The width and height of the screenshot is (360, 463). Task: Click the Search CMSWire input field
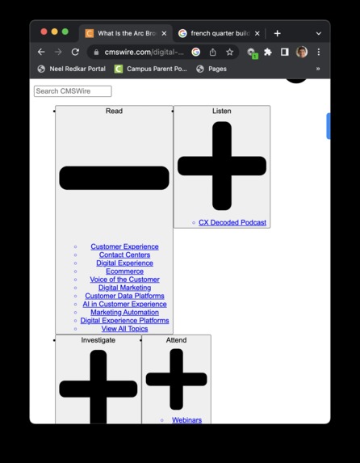point(73,91)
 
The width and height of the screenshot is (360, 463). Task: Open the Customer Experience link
point(124,246)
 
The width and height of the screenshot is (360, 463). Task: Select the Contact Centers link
point(124,255)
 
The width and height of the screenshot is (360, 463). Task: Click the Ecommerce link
point(124,271)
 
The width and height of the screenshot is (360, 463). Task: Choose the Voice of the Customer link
point(124,280)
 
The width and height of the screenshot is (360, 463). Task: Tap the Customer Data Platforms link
point(124,296)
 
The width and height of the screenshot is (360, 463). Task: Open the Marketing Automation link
point(124,313)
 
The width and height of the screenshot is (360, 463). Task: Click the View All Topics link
point(124,329)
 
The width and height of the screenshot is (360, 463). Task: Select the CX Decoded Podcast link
point(232,222)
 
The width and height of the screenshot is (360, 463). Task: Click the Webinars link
point(186,420)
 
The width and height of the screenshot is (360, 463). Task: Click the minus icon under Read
point(114,178)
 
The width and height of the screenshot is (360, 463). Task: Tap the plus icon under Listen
point(222,166)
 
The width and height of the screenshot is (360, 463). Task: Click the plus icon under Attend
point(176,379)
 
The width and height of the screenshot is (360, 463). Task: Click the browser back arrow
point(41,52)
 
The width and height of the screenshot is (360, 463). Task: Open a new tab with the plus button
point(277,33)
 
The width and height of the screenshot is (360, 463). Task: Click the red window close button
point(44,32)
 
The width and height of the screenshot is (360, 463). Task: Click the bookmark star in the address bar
point(229,52)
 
